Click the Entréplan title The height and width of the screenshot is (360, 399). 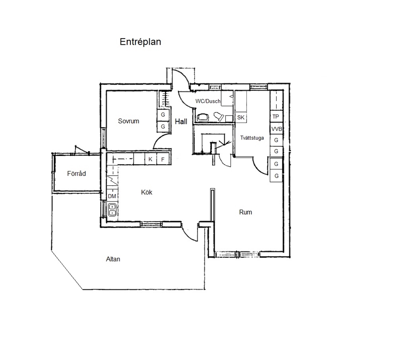[x=140, y=42]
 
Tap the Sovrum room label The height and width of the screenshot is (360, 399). [x=128, y=121]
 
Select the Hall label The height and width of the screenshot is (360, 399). [x=181, y=122]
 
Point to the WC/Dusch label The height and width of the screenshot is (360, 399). [x=208, y=101]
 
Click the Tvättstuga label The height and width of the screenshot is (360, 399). [x=252, y=138]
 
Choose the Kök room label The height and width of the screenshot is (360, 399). [x=146, y=192]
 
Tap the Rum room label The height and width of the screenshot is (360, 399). [x=246, y=212]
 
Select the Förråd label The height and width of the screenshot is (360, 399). [x=76, y=174]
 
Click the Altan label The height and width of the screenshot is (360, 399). [x=113, y=259]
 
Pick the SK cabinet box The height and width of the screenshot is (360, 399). [x=241, y=118]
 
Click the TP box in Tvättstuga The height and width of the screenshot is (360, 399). [x=276, y=117]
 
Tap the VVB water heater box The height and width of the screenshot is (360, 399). [x=276, y=129]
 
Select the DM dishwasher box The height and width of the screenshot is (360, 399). [x=112, y=196]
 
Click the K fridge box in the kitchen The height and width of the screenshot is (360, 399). [x=150, y=159]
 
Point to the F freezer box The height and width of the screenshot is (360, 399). [x=163, y=159]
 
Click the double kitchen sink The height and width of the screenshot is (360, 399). [x=112, y=210]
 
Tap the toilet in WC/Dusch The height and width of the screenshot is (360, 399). [x=218, y=117]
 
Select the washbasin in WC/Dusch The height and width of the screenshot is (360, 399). [x=203, y=117]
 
